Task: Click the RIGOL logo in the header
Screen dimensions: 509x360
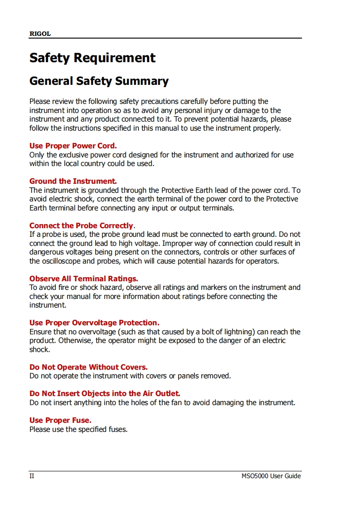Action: point(40,34)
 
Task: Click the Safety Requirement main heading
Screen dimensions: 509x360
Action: point(92,58)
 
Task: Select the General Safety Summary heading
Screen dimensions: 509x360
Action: point(99,81)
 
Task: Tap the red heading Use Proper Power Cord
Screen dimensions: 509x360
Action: point(73,146)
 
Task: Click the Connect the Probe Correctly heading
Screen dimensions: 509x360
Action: point(82,226)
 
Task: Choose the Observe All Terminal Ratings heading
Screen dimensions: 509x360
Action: point(83,279)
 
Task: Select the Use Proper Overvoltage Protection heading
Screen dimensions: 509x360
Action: point(94,323)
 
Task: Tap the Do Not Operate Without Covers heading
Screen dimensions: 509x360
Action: point(88,367)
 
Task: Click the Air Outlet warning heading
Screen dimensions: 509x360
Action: point(105,394)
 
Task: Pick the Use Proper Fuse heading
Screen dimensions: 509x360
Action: point(60,421)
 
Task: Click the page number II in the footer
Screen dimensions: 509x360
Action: point(32,476)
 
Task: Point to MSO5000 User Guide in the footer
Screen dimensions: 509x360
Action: point(271,476)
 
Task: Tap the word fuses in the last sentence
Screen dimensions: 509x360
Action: point(117,430)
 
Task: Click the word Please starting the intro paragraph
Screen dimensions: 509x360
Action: point(41,102)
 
